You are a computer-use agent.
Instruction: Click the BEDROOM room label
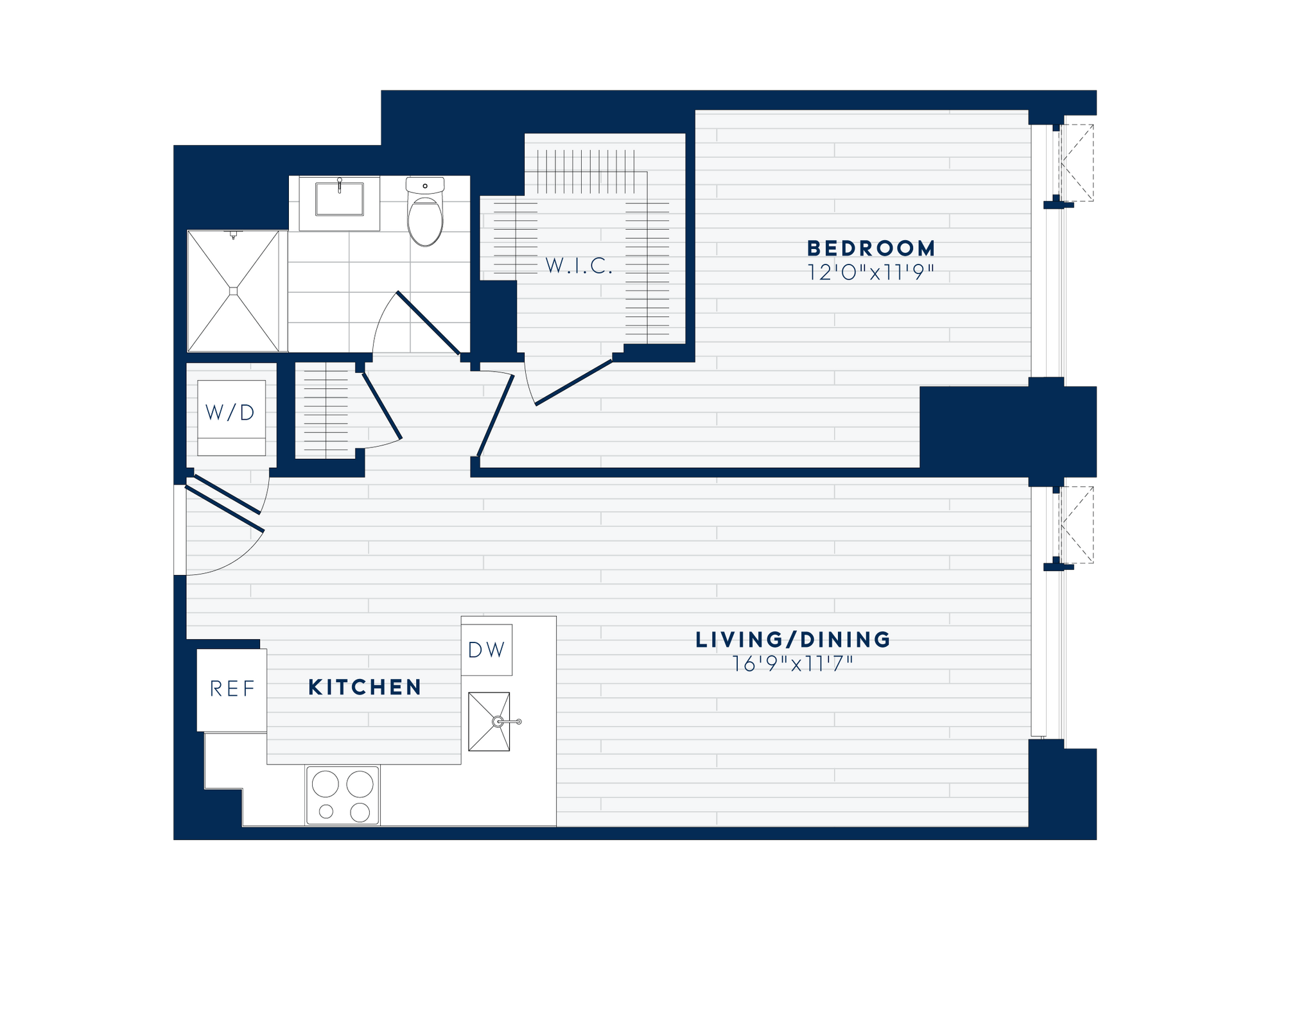[871, 248]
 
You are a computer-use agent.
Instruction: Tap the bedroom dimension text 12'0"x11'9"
[871, 273]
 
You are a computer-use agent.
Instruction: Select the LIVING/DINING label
[793, 640]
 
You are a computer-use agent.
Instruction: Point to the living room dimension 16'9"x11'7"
[793, 664]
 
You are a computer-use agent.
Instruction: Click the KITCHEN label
[365, 687]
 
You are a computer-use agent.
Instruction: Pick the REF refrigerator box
[232, 689]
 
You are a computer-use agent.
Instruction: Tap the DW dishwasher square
[487, 650]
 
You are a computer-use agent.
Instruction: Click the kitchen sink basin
[489, 721]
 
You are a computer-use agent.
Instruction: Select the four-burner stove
[342, 795]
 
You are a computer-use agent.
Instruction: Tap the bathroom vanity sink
[339, 199]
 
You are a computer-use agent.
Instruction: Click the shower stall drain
[233, 291]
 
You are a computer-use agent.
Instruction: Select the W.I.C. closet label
[579, 266]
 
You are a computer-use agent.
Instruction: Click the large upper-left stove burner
[325, 784]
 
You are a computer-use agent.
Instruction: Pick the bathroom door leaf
[428, 323]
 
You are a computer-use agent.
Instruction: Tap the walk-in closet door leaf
[573, 383]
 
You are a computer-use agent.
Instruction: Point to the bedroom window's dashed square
[1077, 163]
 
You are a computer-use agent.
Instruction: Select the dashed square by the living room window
[1077, 525]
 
